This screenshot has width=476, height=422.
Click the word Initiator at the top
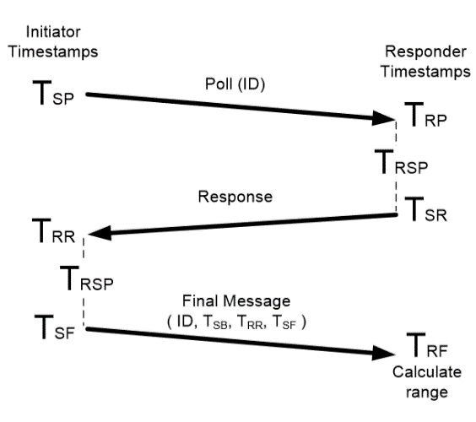click(x=53, y=32)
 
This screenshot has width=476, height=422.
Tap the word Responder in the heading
click(x=425, y=51)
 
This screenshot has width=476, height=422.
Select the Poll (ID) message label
click(x=235, y=84)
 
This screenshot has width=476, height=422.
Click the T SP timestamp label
click(x=53, y=93)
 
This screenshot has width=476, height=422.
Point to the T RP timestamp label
click(x=425, y=115)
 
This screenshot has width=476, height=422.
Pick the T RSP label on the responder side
click(x=402, y=162)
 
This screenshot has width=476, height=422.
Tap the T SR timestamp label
click(x=425, y=208)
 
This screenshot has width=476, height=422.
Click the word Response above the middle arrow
click(x=235, y=197)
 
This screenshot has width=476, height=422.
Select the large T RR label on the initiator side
click(x=53, y=230)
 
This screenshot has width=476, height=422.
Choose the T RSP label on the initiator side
click(x=87, y=278)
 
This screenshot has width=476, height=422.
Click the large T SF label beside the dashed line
click(x=55, y=327)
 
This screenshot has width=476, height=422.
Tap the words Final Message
click(x=236, y=301)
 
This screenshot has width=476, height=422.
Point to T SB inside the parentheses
click(x=215, y=322)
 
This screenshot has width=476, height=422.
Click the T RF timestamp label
click(x=427, y=345)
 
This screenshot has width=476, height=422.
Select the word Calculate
click(x=427, y=372)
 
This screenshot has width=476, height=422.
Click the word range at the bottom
click(x=427, y=392)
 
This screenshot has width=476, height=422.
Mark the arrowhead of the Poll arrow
click(x=383, y=118)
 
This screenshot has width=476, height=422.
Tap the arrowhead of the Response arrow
click(x=100, y=233)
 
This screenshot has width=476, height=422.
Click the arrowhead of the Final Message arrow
click(x=383, y=353)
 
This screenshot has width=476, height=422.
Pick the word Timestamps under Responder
click(x=425, y=72)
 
